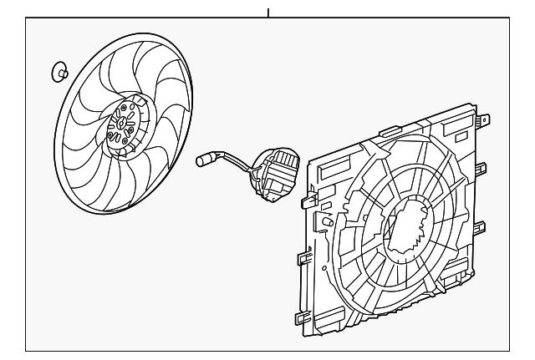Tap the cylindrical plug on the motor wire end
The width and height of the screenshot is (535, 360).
click(206, 156)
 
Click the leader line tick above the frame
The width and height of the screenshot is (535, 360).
click(268, 12)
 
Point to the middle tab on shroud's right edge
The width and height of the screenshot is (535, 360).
click(483, 225)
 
